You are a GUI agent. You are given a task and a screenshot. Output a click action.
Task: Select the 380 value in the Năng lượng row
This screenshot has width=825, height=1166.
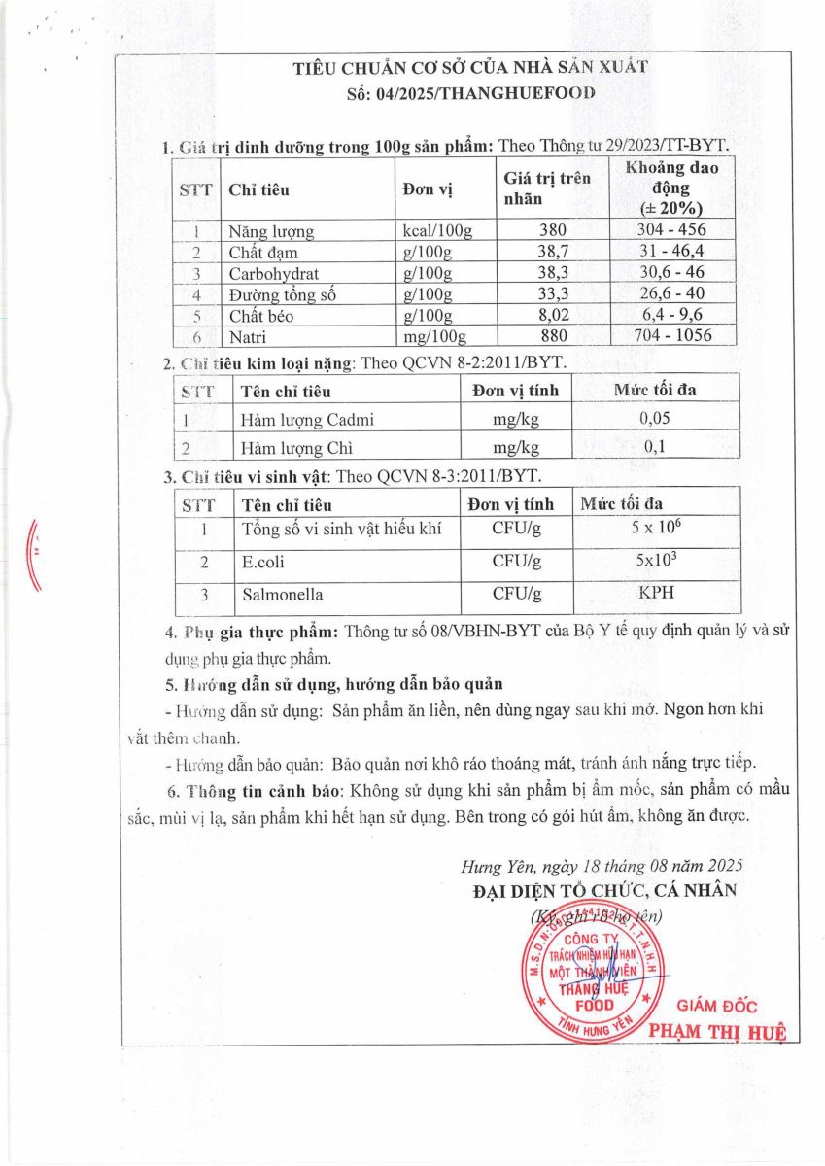coord(549,231)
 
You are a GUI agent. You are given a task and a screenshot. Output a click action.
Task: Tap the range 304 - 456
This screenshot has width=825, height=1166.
coord(671,230)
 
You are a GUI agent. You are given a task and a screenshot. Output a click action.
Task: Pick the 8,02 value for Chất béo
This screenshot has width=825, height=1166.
coord(549,316)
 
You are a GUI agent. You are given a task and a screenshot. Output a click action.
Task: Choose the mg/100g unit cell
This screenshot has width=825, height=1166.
coord(434,337)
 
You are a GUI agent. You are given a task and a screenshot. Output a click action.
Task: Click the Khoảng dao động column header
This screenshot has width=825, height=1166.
coord(671,188)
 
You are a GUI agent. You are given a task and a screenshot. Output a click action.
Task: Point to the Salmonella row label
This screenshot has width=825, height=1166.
coord(282,594)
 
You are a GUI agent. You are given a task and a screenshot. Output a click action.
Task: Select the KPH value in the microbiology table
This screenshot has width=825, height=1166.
coord(657,593)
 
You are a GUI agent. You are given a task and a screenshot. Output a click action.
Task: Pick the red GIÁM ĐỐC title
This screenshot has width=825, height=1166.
coord(717,1007)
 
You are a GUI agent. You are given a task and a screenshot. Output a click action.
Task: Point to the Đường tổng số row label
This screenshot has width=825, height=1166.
coord(282,294)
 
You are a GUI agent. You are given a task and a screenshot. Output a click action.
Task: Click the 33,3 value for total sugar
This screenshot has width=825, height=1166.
coord(549,294)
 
